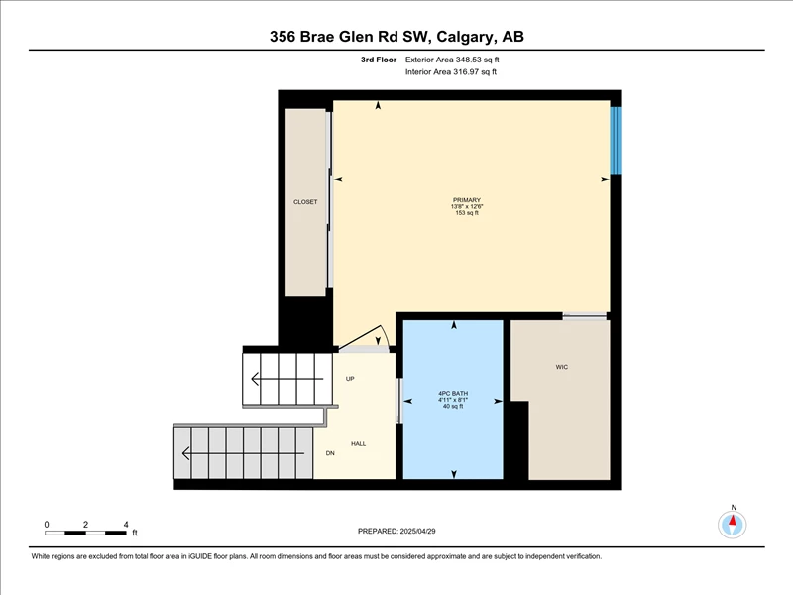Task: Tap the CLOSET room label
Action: (305, 202)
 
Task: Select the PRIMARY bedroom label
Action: (466, 200)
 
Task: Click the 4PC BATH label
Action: (453, 393)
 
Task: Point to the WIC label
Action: (562, 367)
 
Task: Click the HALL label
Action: (359, 443)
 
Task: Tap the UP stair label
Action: (350, 379)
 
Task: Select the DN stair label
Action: (330, 453)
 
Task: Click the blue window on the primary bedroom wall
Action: (616, 140)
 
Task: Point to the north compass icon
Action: (732, 525)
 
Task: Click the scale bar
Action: (85, 533)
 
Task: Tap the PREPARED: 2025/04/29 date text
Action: (396, 531)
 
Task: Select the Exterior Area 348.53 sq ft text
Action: (452, 59)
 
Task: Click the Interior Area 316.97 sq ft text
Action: (451, 71)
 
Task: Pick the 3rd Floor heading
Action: (379, 59)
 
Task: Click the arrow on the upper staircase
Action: (287, 379)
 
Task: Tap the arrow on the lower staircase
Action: (243, 453)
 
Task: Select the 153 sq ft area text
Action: (466, 213)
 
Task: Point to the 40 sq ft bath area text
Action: (453, 406)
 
